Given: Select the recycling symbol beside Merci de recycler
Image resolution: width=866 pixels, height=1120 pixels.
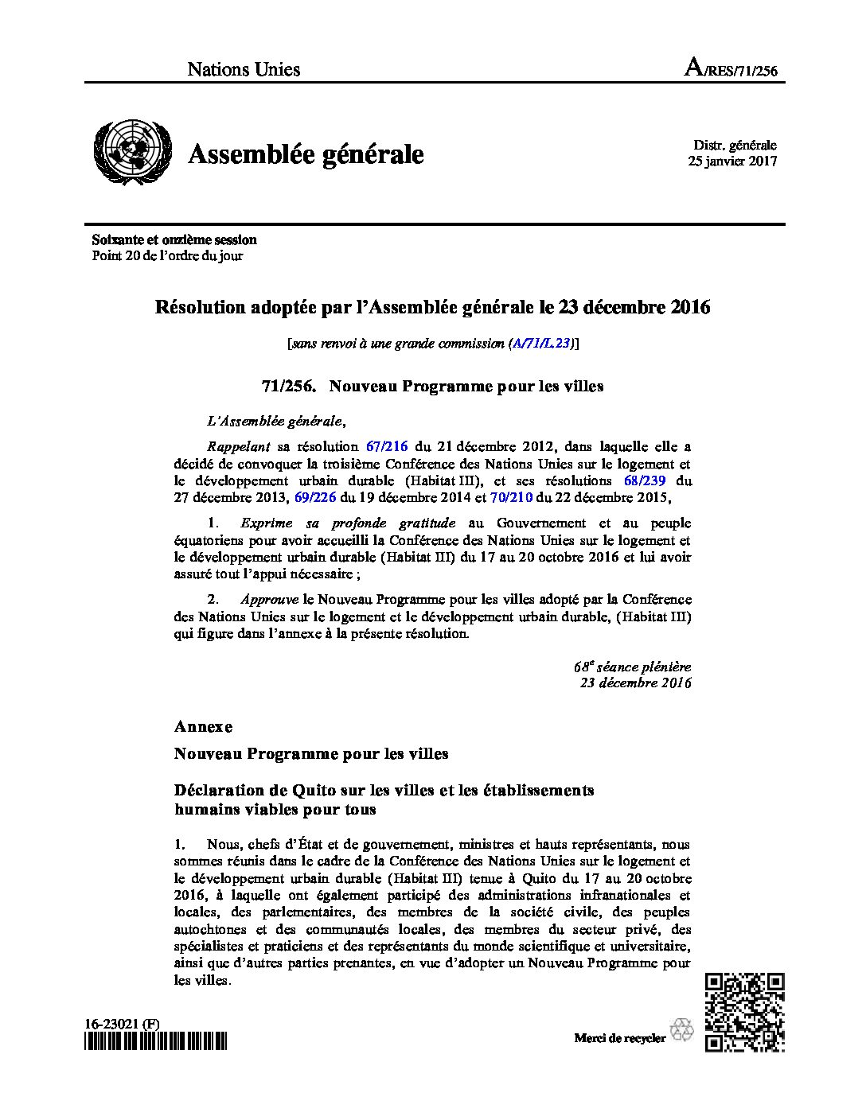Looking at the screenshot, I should [x=682, y=1030].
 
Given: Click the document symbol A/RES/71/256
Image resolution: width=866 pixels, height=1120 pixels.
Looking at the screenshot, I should [x=731, y=70].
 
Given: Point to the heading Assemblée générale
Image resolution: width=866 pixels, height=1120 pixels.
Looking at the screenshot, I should [x=306, y=154].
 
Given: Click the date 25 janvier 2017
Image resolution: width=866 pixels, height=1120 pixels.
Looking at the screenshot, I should [x=732, y=161].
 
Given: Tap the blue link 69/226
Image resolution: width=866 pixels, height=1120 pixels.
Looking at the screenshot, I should [x=316, y=499].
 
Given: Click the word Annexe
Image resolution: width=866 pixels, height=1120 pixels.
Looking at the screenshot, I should [x=204, y=726].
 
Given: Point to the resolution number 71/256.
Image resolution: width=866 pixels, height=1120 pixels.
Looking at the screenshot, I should [x=289, y=387].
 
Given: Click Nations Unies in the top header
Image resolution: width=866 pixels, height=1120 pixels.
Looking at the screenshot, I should [x=244, y=70].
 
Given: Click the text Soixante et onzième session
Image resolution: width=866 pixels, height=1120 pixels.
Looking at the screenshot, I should [x=174, y=239].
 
